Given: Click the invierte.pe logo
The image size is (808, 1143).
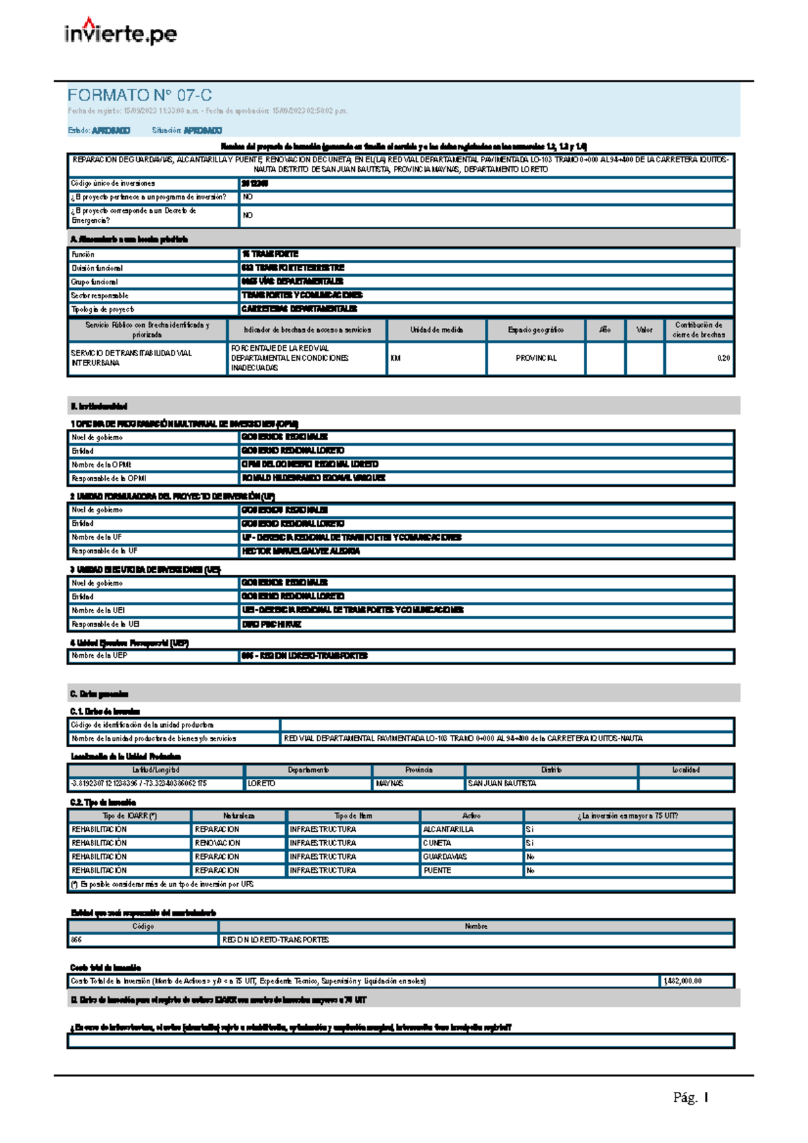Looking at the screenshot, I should click(x=121, y=32).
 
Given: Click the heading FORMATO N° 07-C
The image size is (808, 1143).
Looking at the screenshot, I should click(x=139, y=95).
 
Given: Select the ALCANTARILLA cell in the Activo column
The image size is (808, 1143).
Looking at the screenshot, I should click(x=448, y=829).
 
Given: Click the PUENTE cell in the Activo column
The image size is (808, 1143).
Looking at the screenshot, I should click(x=437, y=870).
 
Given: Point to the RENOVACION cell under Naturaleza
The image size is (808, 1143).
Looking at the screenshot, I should click(x=217, y=843).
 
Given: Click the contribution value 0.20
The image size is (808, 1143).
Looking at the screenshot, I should click(x=723, y=358).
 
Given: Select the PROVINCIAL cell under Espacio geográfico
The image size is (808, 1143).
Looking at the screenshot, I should click(x=536, y=358).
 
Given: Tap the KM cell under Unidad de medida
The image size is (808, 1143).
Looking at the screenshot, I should click(x=395, y=358).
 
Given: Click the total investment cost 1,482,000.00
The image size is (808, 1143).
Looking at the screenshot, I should click(x=683, y=981).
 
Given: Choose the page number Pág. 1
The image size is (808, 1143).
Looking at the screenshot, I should click(x=690, y=1098).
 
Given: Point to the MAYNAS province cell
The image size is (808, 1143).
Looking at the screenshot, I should click(x=389, y=784).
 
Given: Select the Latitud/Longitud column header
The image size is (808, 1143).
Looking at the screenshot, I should click(x=156, y=769).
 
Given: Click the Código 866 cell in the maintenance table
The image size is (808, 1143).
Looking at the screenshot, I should click(x=77, y=940).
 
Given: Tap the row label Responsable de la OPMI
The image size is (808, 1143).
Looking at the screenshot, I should click(x=108, y=479).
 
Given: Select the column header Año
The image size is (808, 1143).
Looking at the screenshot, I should click(x=605, y=330).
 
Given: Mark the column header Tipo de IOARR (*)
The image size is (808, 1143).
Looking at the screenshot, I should click(x=129, y=815).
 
